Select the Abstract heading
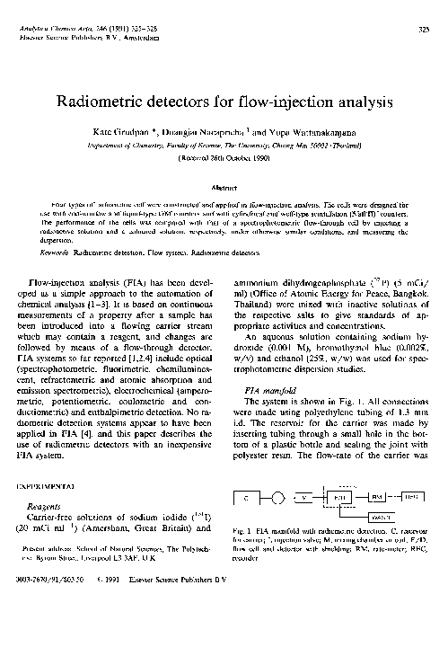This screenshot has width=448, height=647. click(x=224, y=188)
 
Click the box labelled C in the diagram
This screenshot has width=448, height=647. click(x=246, y=496)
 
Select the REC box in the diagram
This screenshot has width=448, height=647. click(x=413, y=496)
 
